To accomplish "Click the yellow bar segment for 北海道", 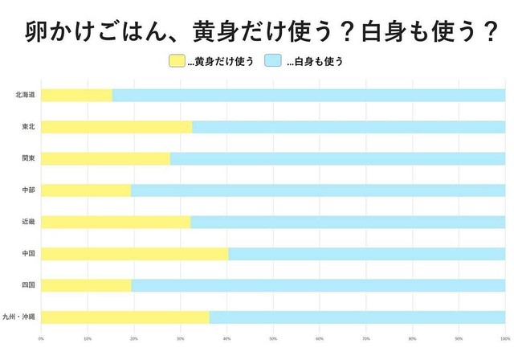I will (76, 96).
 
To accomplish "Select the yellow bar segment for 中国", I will (134, 254).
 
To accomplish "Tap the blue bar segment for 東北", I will (349, 127).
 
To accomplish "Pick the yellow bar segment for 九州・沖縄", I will (124, 317).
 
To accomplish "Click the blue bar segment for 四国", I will (318, 285).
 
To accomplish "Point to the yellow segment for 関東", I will (105, 159).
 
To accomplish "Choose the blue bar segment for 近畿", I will (348, 222).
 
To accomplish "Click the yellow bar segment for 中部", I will (85, 190).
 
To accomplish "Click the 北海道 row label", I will (24, 96).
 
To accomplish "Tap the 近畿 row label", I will (28, 222).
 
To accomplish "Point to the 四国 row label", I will (28, 285).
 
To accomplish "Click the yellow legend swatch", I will (176, 61).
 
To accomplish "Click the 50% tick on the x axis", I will (273, 339).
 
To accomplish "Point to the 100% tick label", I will (504, 339).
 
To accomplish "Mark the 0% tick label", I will (41, 339).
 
